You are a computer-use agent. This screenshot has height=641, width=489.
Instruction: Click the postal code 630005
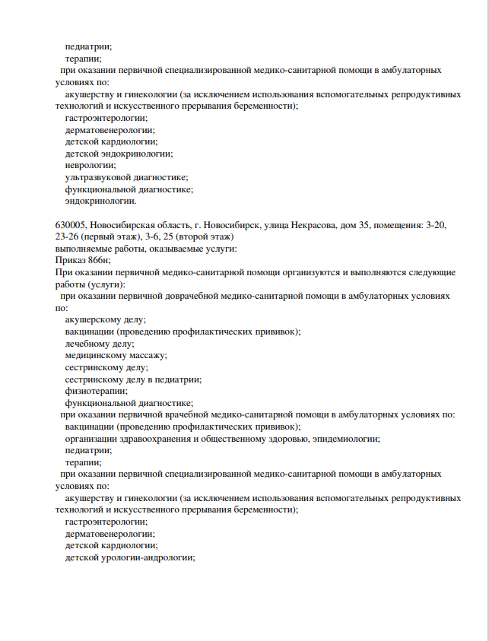click(72, 226)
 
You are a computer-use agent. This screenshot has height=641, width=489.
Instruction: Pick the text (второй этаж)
click(211, 237)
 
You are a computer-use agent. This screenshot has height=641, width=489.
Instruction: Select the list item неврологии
click(90, 165)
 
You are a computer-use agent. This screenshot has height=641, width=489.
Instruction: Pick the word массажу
click(148, 355)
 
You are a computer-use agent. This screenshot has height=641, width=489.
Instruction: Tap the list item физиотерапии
click(96, 391)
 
